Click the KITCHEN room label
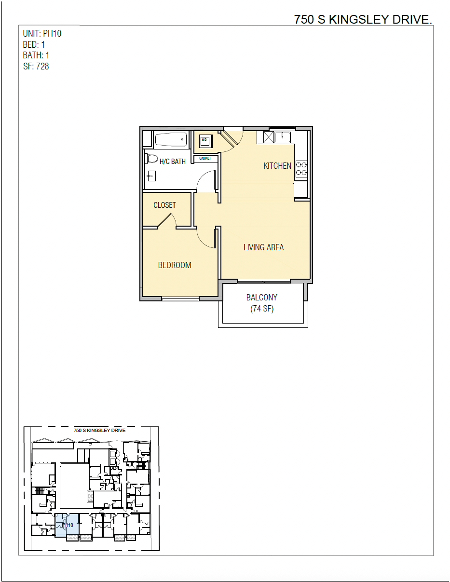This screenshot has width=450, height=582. (277, 166)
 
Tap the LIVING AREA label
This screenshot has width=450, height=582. (263, 247)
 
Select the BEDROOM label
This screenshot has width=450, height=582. (175, 265)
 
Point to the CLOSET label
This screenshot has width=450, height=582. (164, 205)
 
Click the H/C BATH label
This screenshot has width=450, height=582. (172, 162)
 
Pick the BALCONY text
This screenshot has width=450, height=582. (262, 298)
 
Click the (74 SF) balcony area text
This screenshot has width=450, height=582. (262, 309)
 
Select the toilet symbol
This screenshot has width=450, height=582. (152, 159)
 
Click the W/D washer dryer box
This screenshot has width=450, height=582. (205, 140)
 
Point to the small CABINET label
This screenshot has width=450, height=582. (205, 158)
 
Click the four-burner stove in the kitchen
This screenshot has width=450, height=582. (301, 168)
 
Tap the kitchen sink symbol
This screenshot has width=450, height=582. (282, 137)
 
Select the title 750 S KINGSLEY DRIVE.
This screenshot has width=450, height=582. (363, 20)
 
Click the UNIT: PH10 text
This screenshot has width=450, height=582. (42, 34)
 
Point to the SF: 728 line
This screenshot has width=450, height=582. (36, 67)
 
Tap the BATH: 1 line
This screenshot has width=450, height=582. (36, 55)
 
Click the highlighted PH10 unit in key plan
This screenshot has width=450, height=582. (67, 526)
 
